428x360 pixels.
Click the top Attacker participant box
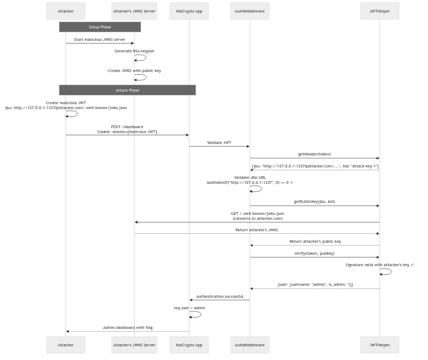coord(66,11)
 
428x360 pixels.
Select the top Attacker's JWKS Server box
coord(134,11)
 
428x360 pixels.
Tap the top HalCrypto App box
coord(189,11)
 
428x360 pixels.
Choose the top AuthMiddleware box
coord(249,11)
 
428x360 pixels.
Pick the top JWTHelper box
coord(379,11)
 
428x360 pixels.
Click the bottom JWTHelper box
coord(379,345)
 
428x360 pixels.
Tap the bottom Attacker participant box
coord(66,345)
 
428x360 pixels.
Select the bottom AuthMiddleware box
coord(249,345)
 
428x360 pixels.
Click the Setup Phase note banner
coord(100,27)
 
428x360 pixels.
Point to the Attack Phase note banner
coord(127,90)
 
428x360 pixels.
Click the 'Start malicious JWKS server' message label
coord(100,39)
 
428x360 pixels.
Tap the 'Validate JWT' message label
coord(219,142)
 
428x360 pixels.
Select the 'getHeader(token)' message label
coord(314,154)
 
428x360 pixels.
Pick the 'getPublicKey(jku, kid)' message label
coord(314,201)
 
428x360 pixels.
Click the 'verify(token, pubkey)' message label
coord(314,253)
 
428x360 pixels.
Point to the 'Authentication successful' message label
coord(219,296)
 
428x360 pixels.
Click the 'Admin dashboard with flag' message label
coord(127,328)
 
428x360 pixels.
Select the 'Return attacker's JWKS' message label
coord(257,230)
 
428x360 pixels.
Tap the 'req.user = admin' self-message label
coord(190,308)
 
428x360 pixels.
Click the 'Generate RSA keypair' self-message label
coord(134,51)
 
